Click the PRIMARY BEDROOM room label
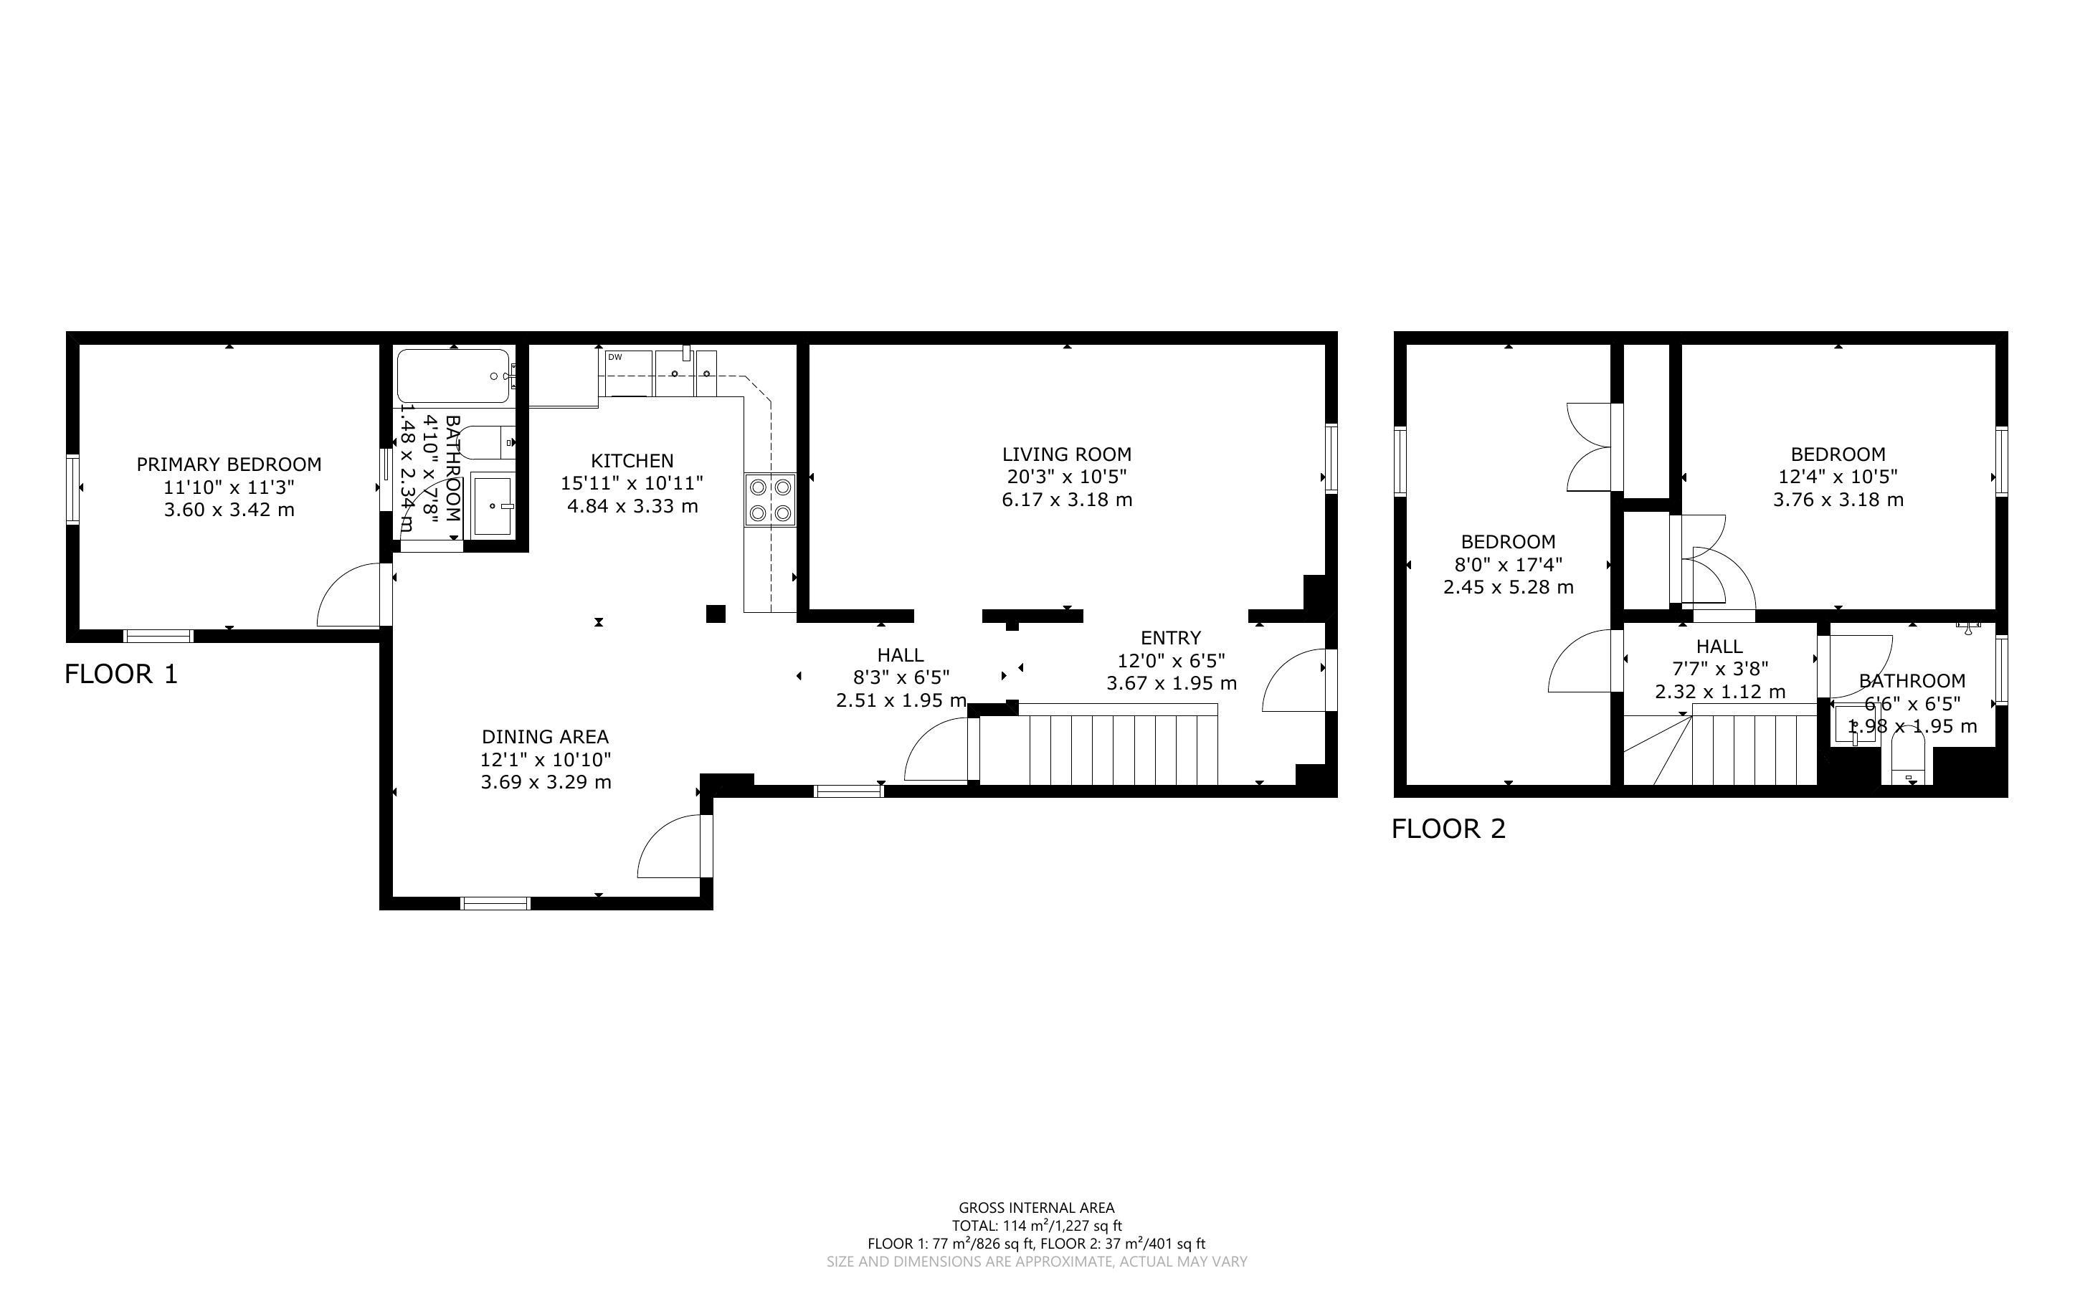(x=229, y=464)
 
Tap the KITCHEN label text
(x=632, y=461)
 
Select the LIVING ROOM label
(x=1067, y=454)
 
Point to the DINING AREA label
(x=545, y=737)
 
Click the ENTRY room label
(x=1171, y=638)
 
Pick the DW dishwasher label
(x=614, y=356)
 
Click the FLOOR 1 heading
(x=121, y=675)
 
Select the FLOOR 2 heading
(x=1448, y=829)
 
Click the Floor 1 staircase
(x=1098, y=744)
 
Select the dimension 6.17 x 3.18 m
(x=1067, y=500)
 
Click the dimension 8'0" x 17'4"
(x=1509, y=565)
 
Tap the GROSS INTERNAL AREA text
(x=1037, y=1209)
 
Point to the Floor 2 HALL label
(x=1719, y=647)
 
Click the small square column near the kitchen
(x=716, y=614)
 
